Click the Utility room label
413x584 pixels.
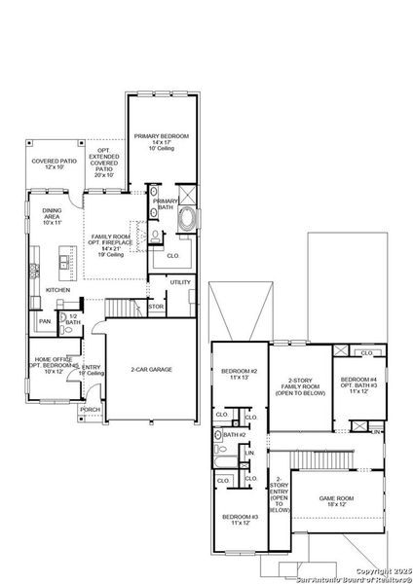click(x=181, y=282)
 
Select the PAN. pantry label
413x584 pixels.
click(x=45, y=320)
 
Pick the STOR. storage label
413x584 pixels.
click(x=155, y=308)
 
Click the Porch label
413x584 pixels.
click(x=90, y=410)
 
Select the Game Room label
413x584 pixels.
click(x=337, y=500)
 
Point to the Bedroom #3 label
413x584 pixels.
click(x=238, y=520)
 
